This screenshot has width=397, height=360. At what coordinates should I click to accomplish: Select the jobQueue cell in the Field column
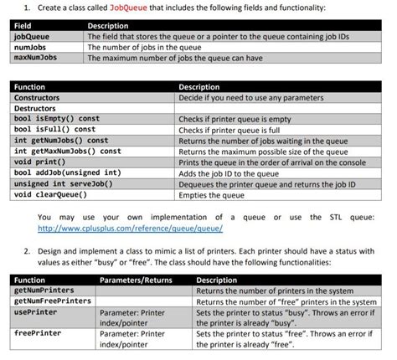pos(32,38)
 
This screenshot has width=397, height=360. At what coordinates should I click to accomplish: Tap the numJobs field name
pos(30,48)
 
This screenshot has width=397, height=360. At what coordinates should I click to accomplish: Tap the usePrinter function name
pos(35,312)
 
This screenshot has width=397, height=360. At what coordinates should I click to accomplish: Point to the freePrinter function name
pos(37,333)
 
